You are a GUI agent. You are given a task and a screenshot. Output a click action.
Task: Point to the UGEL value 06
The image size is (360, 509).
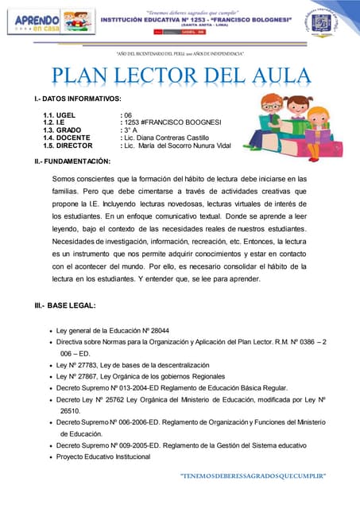127,115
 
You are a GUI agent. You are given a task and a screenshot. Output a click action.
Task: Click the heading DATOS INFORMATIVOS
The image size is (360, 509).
72,98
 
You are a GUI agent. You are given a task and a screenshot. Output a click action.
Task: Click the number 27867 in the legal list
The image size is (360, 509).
91,376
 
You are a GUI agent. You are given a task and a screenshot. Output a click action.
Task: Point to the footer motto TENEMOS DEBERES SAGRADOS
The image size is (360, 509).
254,476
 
